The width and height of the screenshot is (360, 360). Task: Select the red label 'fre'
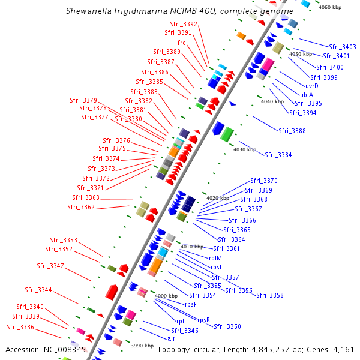[181, 43]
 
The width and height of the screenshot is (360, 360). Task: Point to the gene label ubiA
[307, 94]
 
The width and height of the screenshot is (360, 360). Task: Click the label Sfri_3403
[343, 47]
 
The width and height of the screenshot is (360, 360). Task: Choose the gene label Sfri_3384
[278, 155]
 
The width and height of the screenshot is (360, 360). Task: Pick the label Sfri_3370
[264, 181]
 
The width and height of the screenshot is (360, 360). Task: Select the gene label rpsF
[191, 304]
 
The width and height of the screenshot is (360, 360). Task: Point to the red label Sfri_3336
[20, 327]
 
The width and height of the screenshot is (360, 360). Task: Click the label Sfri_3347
[50, 266]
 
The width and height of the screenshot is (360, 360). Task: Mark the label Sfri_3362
[81, 207]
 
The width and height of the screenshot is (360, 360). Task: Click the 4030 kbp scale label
[245, 149]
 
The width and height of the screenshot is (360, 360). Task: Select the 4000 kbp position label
[166, 296]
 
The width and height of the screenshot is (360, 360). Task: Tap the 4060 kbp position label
[329, 7]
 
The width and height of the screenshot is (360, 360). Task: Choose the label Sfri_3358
[269, 295]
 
